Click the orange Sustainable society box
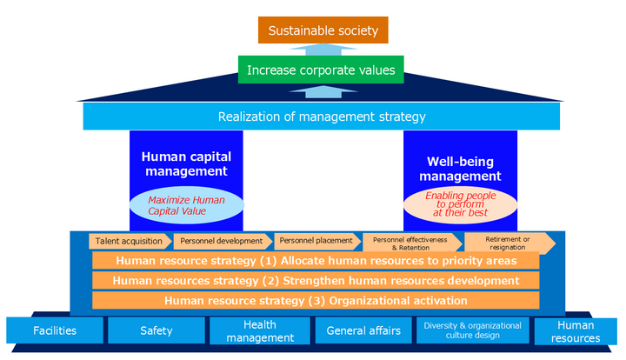[x=323, y=30]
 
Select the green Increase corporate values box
[x=321, y=70]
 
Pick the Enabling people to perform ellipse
[x=461, y=204]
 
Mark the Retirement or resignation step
[x=508, y=242]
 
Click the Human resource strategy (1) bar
[x=316, y=261]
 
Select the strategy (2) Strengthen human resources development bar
[x=316, y=281]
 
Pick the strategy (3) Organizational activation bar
[x=316, y=301]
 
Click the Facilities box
[x=55, y=330]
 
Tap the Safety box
[x=156, y=330]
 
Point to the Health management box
[x=257, y=330]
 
